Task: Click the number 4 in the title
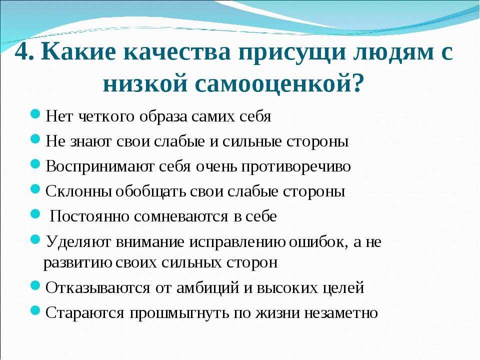point(21,52)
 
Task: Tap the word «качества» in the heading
point(177,52)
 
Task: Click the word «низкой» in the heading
point(145,82)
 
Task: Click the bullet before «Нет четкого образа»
point(36,114)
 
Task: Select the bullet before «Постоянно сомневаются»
point(36,213)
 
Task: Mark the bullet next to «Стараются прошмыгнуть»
point(36,310)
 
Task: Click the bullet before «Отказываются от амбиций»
point(36,285)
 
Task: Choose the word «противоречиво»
point(296,167)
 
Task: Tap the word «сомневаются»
point(181,216)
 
